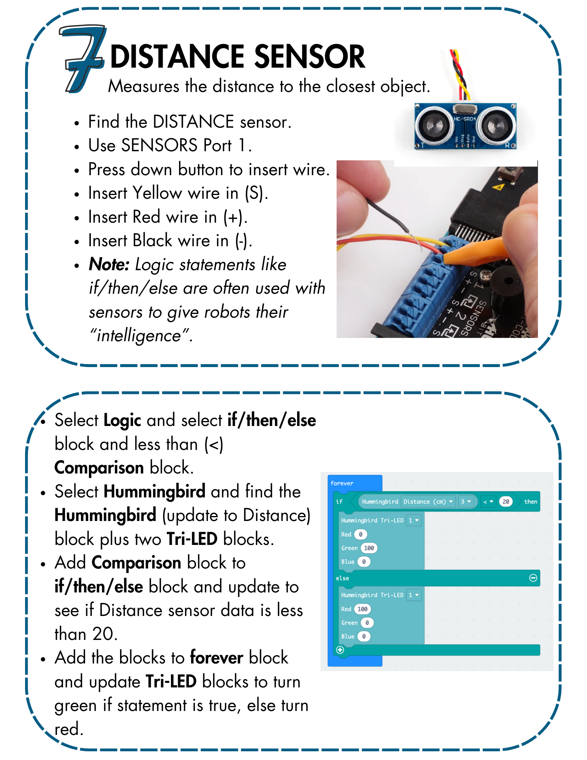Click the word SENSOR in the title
(309, 57)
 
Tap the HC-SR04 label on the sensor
(465, 119)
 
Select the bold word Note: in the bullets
(109, 264)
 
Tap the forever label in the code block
(342, 483)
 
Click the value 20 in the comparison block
(506, 502)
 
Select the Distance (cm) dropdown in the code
(428, 502)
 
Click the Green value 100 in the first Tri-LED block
(369, 548)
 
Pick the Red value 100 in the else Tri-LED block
(362, 609)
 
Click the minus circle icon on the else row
(533, 578)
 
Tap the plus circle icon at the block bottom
(340, 650)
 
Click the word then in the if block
(530, 502)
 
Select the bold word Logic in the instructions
(122, 421)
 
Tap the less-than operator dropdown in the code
(488, 502)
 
